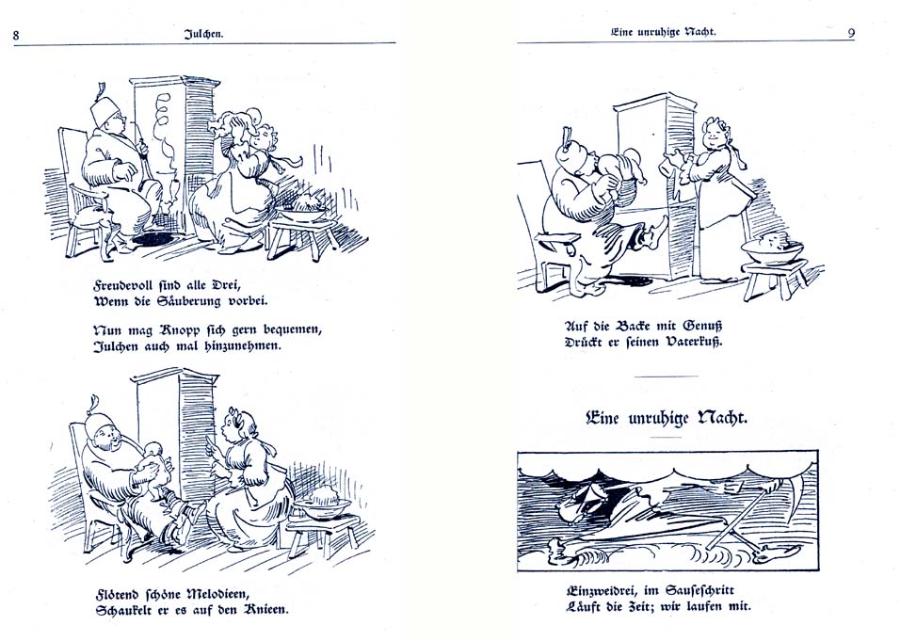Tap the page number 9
tap(851, 33)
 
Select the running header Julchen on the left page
tap(203, 34)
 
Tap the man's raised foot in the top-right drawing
tap(657, 227)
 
